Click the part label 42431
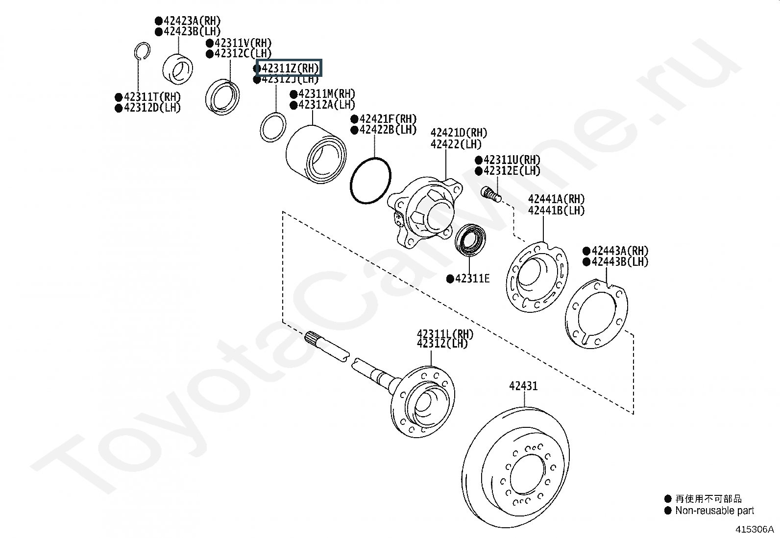point(523,386)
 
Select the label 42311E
point(472,279)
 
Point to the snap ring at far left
point(141,51)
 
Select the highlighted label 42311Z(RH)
point(289,68)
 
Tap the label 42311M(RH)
point(326,94)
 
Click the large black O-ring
point(371,180)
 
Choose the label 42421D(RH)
point(459,133)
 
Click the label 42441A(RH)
point(556,199)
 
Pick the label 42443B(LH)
point(619,261)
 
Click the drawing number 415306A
point(753,529)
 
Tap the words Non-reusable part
point(714,511)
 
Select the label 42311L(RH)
point(445,334)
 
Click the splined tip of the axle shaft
point(314,339)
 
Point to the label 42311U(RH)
point(512,160)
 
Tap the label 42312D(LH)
point(152,108)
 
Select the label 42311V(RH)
point(243,43)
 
